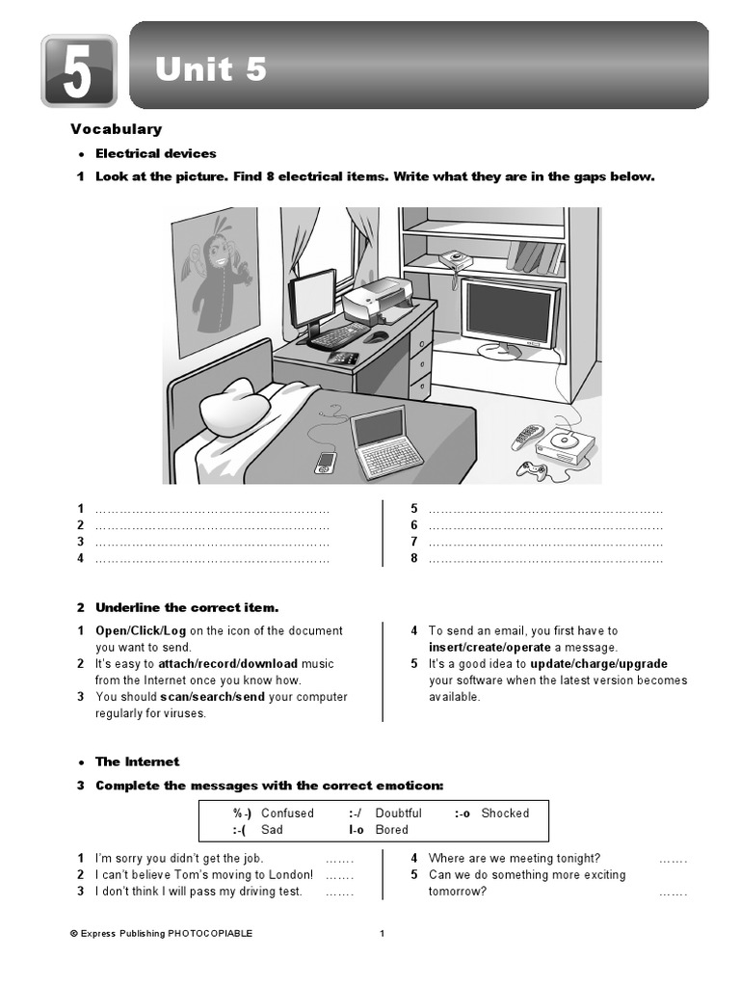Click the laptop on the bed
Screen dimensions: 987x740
tap(385, 441)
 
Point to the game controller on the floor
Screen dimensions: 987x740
tap(532, 470)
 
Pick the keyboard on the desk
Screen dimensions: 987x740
tap(338, 335)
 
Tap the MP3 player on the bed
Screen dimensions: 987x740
tap(326, 463)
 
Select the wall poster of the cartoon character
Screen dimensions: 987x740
tap(215, 280)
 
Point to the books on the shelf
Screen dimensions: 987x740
tap(535, 256)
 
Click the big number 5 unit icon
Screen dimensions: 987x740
tap(78, 70)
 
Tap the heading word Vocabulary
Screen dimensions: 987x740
tap(116, 129)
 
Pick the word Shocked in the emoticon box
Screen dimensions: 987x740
tap(505, 814)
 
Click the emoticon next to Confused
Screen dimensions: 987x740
tap(242, 814)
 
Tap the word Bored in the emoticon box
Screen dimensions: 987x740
tap(391, 830)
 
